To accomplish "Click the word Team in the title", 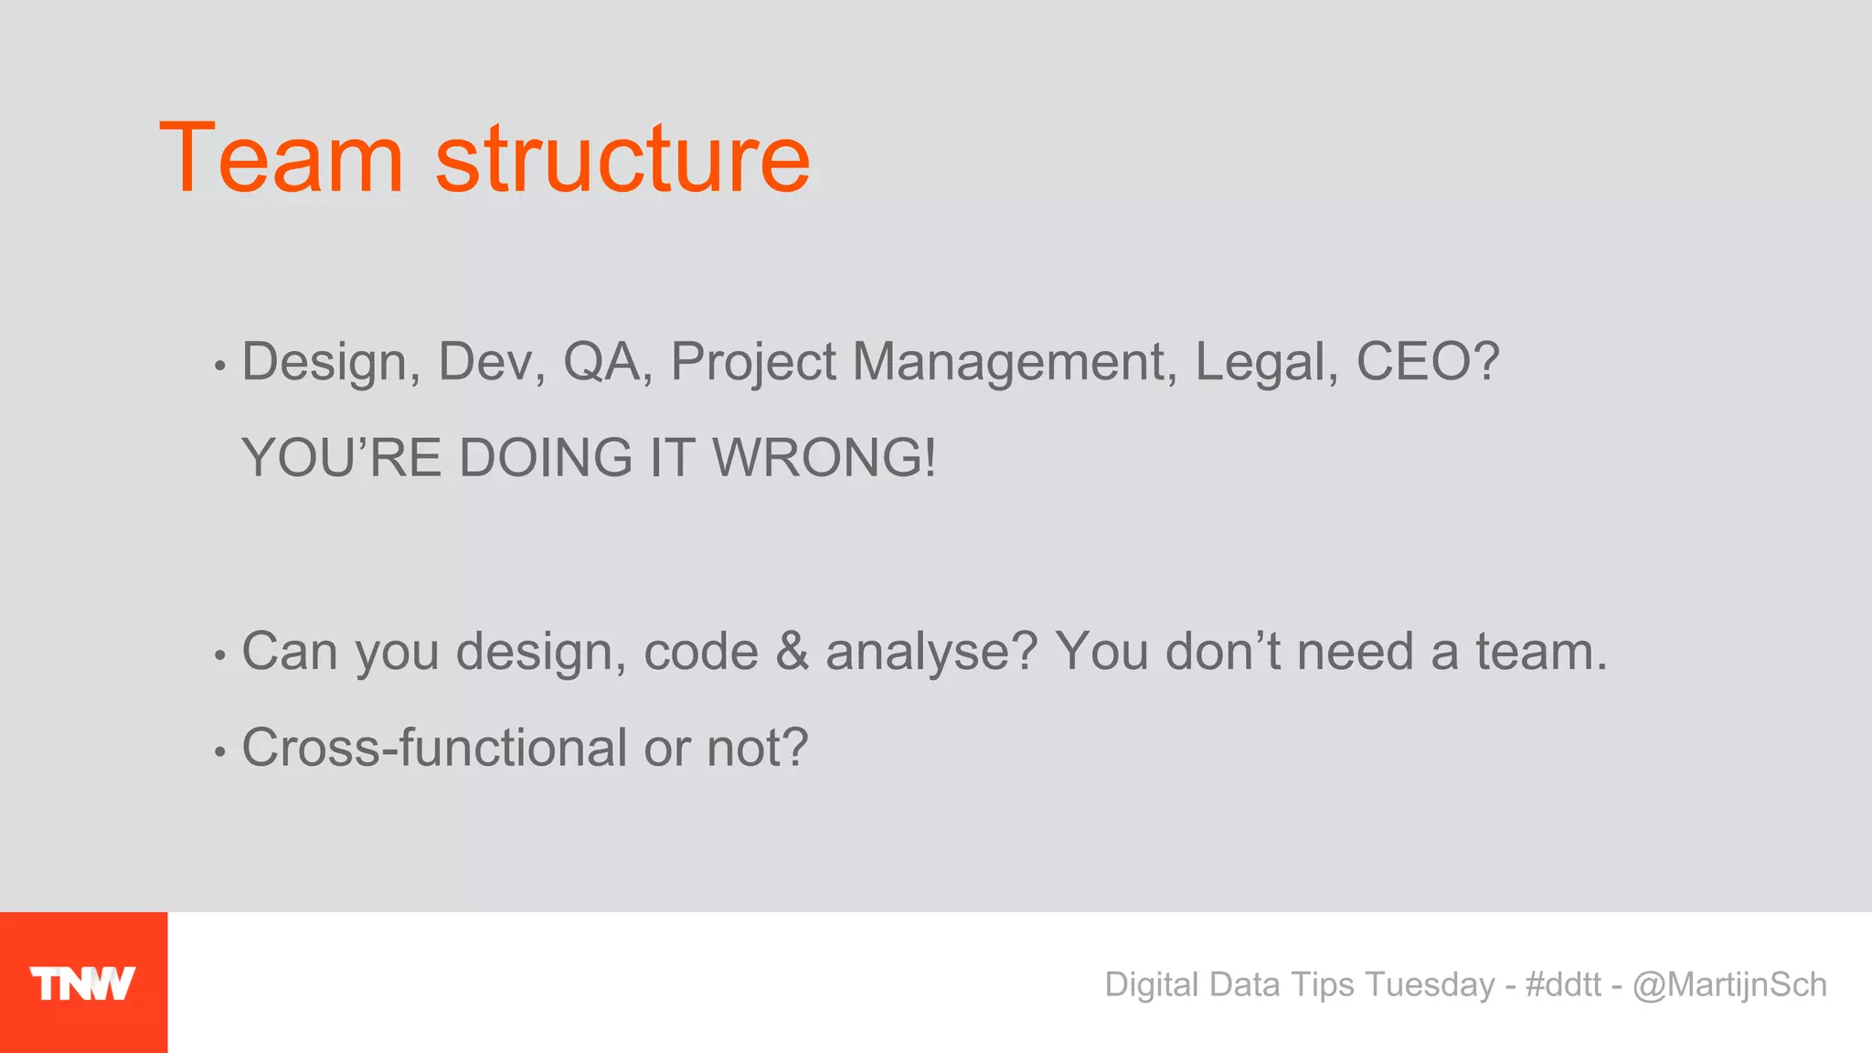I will click(x=281, y=159).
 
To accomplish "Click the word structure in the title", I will click(x=622, y=159).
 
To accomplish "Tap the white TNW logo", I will click(x=83, y=984).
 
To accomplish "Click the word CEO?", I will click(x=1428, y=361).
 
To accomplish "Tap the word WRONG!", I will click(x=824, y=457).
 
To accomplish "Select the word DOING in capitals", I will click(x=546, y=457).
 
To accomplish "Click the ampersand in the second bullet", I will click(x=792, y=652).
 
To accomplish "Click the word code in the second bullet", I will click(x=701, y=652).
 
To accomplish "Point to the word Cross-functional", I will click(x=433, y=748).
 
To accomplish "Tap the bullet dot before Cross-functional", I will click(x=219, y=752).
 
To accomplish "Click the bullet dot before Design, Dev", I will click(x=219, y=367).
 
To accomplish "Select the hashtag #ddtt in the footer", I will click(x=1563, y=984).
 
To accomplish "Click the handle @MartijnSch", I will click(x=1729, y=984).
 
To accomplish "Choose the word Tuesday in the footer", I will click(x=1430, y=984).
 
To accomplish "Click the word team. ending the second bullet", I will click(x=1540, y=652).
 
